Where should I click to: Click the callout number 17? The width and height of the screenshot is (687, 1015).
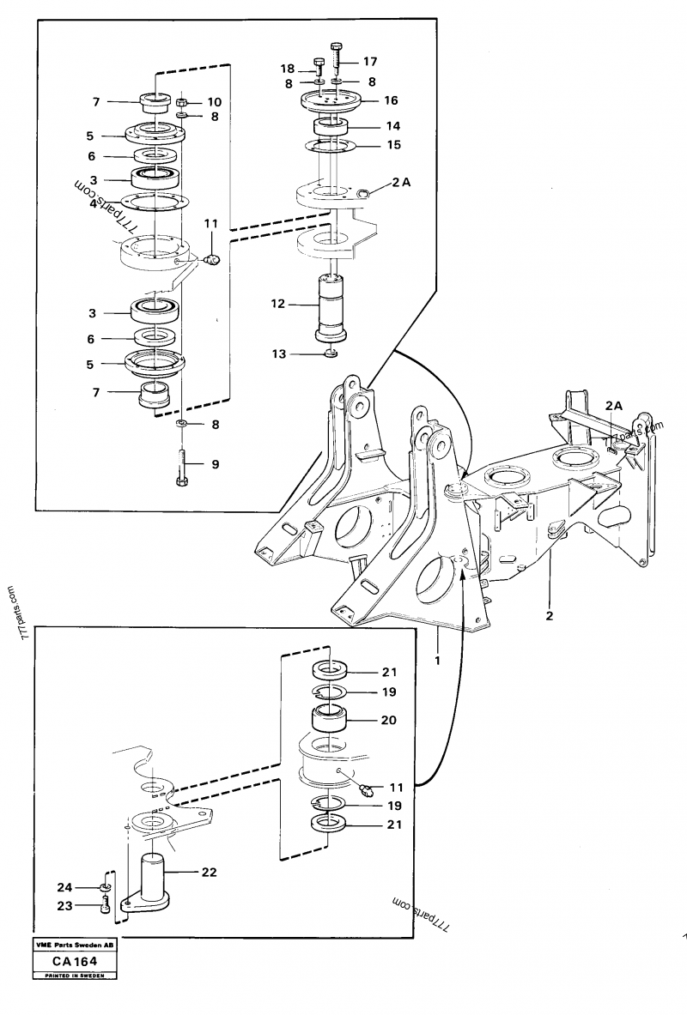pos(370,62)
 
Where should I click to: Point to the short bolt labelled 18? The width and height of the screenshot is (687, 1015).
pos(319,66)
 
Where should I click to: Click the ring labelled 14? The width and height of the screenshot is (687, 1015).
pos(331,126)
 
